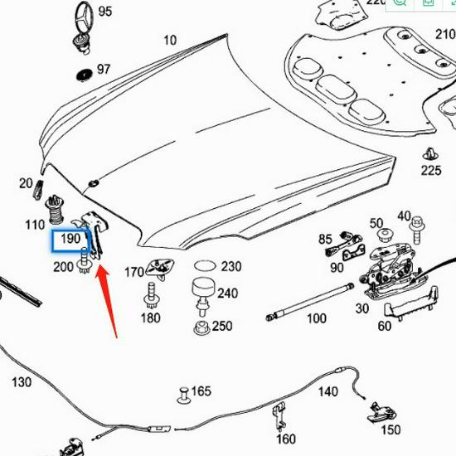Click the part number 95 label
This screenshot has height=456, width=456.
[x=104, y=12]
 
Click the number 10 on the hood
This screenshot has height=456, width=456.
[x=170, y=40]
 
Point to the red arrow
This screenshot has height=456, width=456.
[x=108, y=298]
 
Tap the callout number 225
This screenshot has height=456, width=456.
[x=431, y=171]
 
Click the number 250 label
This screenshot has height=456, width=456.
[x=222, y=326]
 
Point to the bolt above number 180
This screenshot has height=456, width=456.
[x=151, y=295]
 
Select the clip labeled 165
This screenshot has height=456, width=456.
[x=183, y=391]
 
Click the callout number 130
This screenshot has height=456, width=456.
[x=22, y=382]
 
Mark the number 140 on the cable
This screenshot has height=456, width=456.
[x=328, y=391]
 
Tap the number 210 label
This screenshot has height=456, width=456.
[x=445, y=34]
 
